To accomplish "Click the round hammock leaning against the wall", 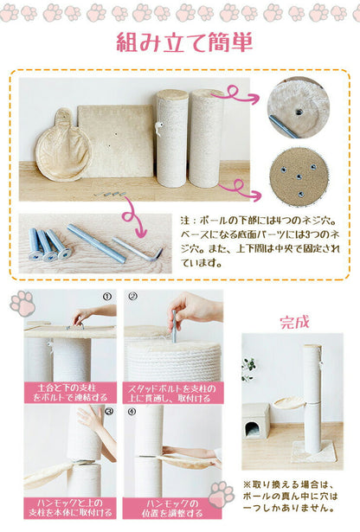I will click(x=62, y=144).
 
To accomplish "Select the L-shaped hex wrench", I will click(x=142, y=253).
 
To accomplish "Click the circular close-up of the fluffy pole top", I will click(x=298, y=108).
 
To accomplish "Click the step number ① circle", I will click(x=107, y=296).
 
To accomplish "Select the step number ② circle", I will click(x=132, y=296).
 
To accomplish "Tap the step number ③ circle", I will click(x=107, y=411).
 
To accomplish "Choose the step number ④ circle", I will click(x=132, y=411).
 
